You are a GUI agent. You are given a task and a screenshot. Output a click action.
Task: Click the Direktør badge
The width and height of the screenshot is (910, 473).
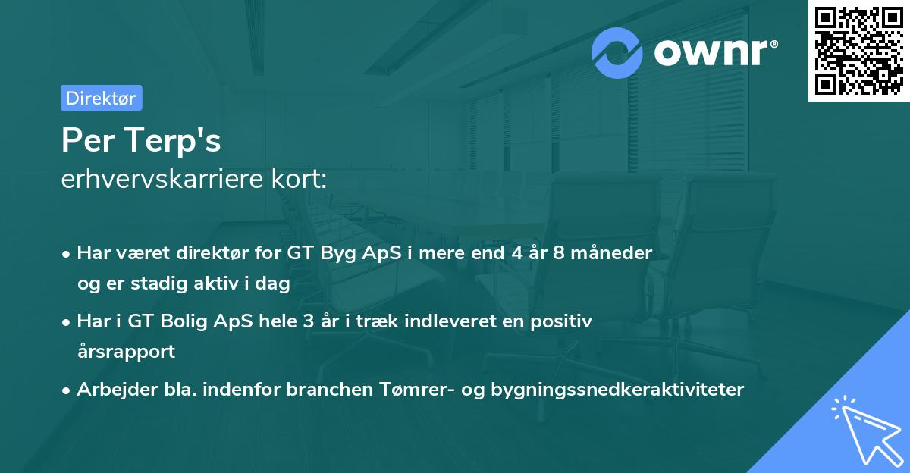coord(101,98)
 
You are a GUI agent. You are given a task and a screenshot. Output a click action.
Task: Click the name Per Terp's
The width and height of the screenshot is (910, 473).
coord(141,141)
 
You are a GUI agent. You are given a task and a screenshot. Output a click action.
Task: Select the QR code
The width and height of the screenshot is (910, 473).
coord(858,51)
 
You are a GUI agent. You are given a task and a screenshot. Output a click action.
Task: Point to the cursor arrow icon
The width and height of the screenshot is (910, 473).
coord(864,429)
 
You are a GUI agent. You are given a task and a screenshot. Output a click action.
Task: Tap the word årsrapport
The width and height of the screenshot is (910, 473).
coord(126,351)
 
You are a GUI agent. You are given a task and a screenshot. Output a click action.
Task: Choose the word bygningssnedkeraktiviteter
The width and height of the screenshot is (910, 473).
coord(617,390)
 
